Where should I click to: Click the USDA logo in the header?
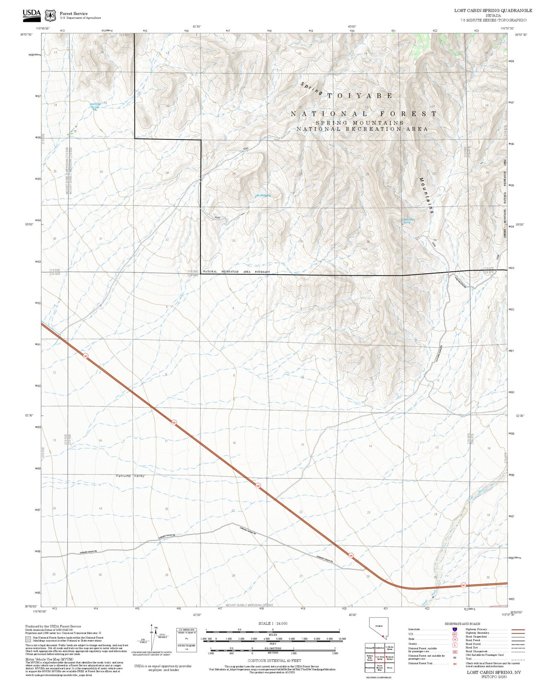(x=32, y=14)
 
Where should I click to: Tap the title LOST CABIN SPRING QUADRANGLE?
(x=493, y=11)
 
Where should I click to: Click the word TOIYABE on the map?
(x=360, y=96)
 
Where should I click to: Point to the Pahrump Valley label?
(x=130, y=476)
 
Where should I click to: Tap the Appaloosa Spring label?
(x=95, y=105)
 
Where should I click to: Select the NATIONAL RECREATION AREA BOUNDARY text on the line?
(x=236, y=272)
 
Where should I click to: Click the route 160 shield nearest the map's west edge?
(x=85, y=356)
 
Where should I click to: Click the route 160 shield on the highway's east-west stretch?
(x=463, y=585)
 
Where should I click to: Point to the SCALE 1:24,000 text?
(x=272, y=623)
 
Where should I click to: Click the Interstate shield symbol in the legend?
(x=455, y=629)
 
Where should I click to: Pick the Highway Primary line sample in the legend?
(x=518, y=629)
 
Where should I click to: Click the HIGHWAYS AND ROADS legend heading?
(x=462, y=624)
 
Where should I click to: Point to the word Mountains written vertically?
(x=426, y=196)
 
